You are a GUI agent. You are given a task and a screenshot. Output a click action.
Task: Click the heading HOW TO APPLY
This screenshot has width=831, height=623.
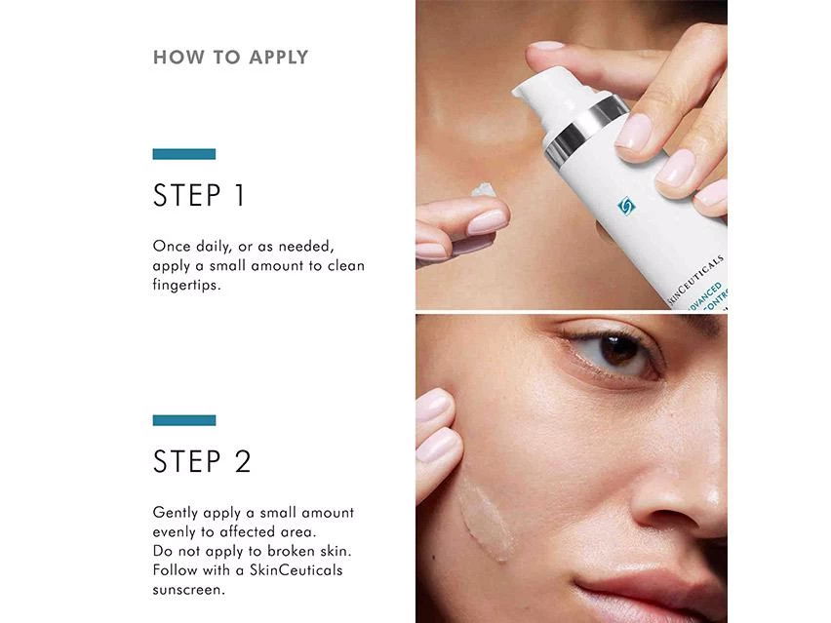[x=230, y=58]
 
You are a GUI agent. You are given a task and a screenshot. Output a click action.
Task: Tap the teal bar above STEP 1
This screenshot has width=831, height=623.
[x=184, y=154]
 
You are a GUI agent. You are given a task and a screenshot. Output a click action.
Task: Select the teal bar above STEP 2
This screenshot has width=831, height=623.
[x=184, y=420]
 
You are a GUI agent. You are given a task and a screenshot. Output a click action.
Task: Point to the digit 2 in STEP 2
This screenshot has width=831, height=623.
[x=242, y=461]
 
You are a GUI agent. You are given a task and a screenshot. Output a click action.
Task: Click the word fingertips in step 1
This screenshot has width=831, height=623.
[x=186, y=285]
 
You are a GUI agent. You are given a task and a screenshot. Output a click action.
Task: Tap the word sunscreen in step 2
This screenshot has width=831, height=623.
[x=188, y=590]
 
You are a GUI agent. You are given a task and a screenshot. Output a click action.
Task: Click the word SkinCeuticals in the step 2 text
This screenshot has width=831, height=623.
[x=297, y=570]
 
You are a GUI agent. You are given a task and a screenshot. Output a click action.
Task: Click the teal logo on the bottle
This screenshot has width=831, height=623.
[x=626, y=206]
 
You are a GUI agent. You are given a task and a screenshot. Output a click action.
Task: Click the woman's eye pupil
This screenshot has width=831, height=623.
[x=618, y=350]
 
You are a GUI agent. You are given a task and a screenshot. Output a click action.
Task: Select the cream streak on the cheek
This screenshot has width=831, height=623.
[x=486, y=519]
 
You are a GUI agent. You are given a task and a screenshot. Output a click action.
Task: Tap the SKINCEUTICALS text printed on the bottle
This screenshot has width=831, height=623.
[x=694, y=281]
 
